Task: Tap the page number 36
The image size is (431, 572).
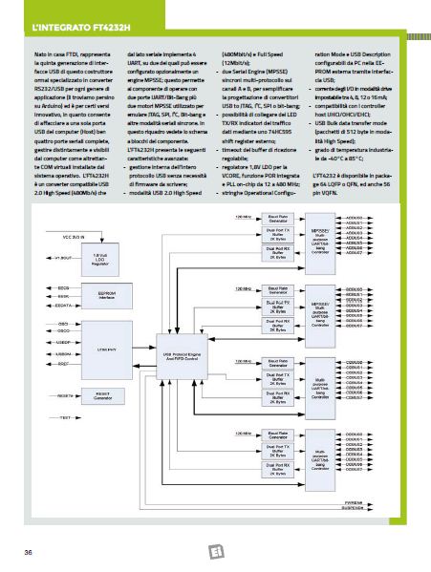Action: tap(29, 552)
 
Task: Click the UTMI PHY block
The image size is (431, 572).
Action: tap(85, 350)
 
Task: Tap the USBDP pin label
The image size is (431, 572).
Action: tap(39, 340)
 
